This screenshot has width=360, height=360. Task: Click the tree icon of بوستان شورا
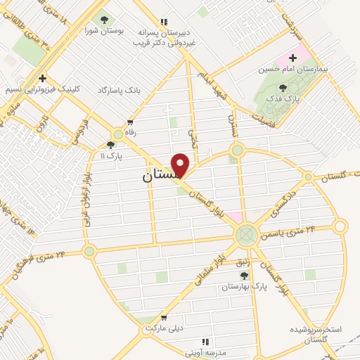(105, 20)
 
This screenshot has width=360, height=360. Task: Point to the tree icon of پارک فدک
(283, 88)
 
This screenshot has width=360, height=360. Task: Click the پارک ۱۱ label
(111, 155)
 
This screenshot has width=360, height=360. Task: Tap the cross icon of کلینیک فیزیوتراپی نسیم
(43, 78)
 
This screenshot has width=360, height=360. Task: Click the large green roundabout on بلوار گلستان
(246, 234)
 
